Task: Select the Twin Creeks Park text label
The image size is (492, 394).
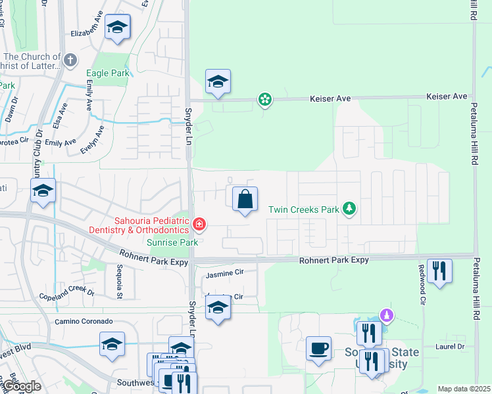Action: coord(303,209)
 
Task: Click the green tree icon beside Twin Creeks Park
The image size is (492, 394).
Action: coord(350,209)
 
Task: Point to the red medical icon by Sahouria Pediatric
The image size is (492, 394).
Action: coord(199,226)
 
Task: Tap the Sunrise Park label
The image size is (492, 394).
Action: coord(172,242)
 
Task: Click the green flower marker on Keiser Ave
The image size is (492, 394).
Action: coord(264,100)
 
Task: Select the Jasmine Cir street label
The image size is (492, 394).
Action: coord(225,272)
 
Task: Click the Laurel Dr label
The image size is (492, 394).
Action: coord(450,346)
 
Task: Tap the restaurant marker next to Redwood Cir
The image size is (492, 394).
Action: coord(439,271)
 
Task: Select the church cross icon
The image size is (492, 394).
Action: coord(71,60)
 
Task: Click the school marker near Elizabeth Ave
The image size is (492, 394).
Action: coord(118,28)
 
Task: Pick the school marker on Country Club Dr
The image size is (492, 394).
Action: coord(43,191)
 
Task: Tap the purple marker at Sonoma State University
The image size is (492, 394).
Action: coord(387,316)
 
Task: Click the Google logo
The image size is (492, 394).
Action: coord(21,387)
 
